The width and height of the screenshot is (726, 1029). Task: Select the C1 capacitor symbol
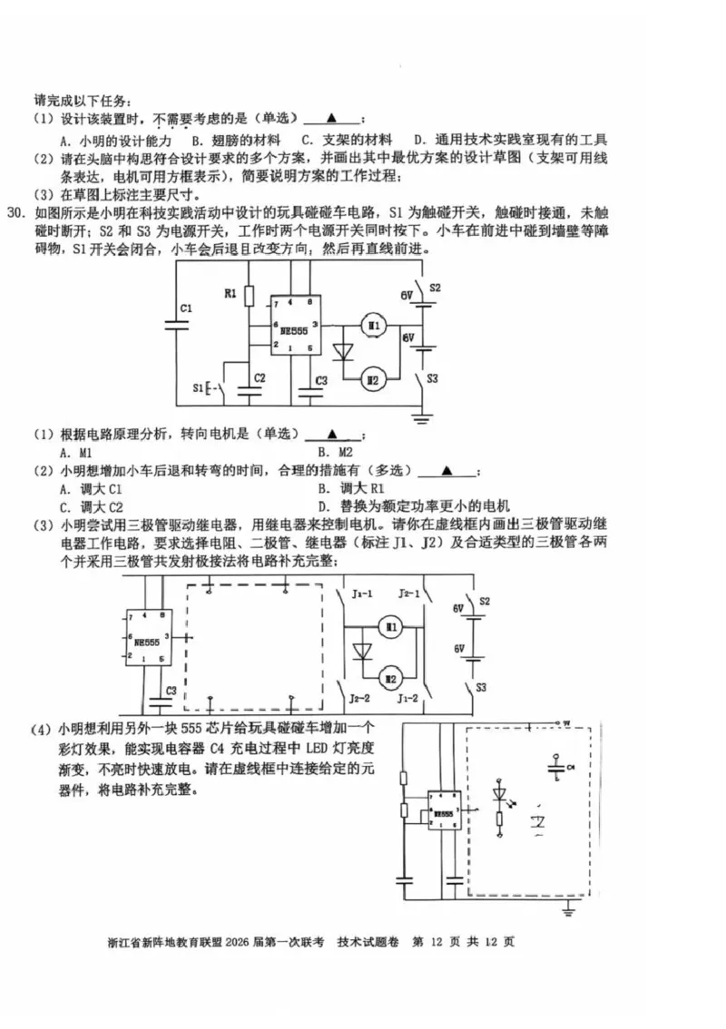coord(174,323)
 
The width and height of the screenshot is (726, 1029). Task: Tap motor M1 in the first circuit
coord(374,325)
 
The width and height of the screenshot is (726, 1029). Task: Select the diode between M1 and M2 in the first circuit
coord(343,352)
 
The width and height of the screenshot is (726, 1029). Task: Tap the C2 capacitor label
coord(260,377)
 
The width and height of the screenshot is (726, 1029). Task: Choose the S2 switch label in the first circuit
coord(435,288)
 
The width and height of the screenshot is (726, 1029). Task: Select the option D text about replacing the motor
coord(413,506)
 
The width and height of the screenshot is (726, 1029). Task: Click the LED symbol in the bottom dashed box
coord(499,792)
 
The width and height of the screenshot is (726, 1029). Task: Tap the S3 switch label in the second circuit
coord(481,688)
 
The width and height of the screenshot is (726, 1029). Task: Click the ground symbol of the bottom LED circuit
coord(569,906)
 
